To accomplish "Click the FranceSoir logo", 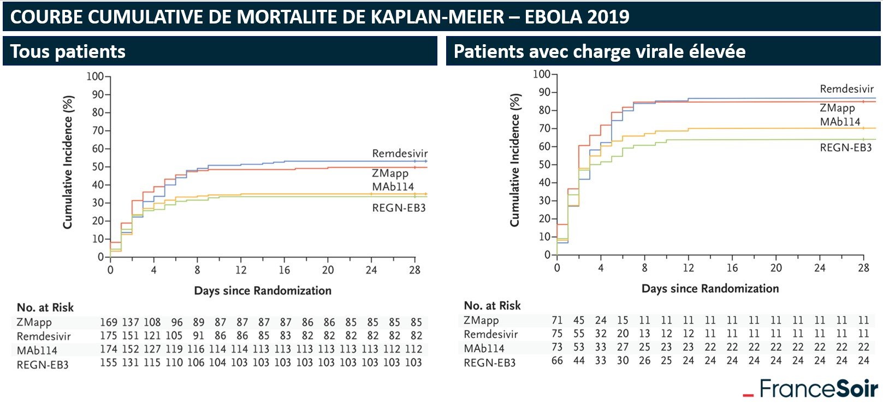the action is (x=811, y=389).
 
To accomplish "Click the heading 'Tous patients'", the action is (x=68, y=52).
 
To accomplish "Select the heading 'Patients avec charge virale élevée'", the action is (x=600, y=52).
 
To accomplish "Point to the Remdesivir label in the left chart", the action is (x=400, y=153).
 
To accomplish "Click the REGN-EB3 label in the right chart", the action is (x=845, y=148).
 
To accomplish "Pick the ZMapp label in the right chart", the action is (x=837, y=108).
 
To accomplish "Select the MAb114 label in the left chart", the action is (x=393, y=187).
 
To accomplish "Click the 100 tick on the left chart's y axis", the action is (x=95, y=76).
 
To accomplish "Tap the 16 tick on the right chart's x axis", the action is (x=732, y=268).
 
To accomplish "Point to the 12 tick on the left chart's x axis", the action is (x=241, y=270).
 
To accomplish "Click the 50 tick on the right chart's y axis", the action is (x=544, y=164).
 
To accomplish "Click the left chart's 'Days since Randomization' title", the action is (x=263, y=291).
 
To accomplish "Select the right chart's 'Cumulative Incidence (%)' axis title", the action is (x=515, y=160).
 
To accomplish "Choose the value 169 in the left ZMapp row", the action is (x=109, y=323).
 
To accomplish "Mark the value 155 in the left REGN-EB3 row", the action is (x=109, y=363).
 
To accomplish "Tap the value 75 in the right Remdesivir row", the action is (x=556, y=334).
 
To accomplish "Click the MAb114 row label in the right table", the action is (x=484, y=348).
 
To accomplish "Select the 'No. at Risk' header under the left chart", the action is (x=45, y=307).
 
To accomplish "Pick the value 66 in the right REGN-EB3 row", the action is (x=556, y=360).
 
